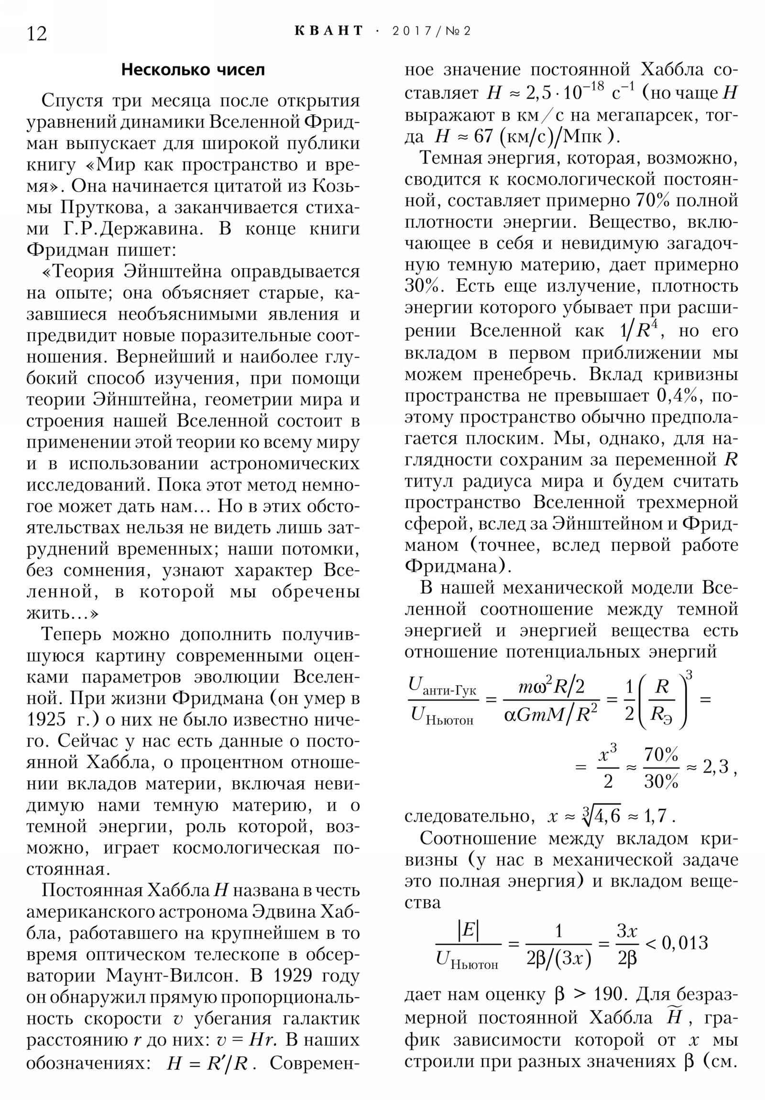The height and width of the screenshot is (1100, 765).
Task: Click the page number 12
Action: pos(37,33)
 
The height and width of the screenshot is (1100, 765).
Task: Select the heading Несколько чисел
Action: pos(193,70)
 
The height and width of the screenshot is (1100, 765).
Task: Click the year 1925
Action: pos(46,720)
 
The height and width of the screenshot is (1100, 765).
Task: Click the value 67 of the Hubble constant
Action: pos(483,137)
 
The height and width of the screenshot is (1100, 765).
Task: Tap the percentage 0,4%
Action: pos(679,396)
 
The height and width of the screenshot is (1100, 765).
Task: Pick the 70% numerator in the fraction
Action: pos(661,755)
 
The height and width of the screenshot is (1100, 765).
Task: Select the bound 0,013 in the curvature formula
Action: pos(685,943)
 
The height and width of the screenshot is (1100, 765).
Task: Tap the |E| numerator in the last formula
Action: pos(468,930)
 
